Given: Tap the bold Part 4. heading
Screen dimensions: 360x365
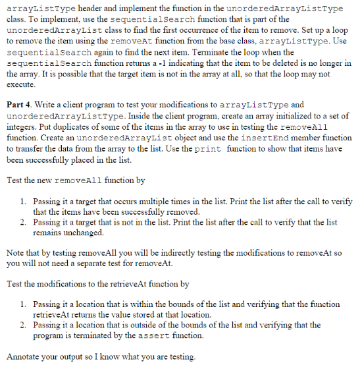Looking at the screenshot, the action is (19, 104).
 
